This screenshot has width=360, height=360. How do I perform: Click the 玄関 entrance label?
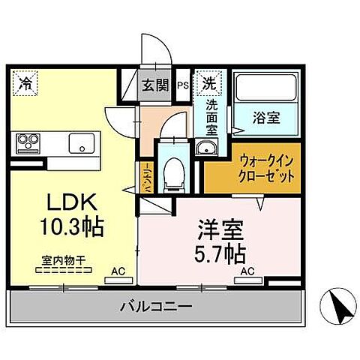tap(157, 85)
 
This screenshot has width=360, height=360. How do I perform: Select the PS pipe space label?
tap(182, 85)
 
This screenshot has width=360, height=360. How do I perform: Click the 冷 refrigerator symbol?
tap(25, 82)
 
